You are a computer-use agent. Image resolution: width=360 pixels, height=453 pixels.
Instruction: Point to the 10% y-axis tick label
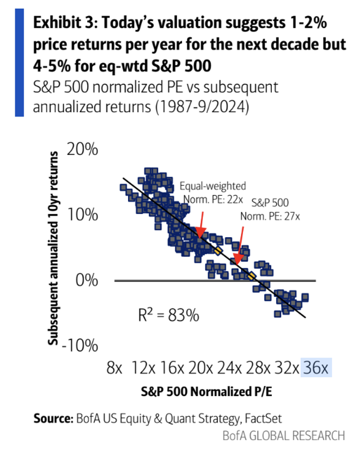[x=86, y=215]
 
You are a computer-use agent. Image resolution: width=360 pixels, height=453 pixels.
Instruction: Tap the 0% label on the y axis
[x=90, y=280]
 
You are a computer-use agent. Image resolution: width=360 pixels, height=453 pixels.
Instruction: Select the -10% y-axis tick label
[x=83, y=346]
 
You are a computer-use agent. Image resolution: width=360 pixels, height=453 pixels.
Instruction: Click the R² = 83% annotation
[x=168, y=316]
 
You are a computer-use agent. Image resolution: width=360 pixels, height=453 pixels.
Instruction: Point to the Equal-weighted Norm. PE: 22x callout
[x=213, y=191]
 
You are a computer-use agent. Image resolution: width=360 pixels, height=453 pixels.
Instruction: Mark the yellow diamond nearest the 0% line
[x=252, y=275]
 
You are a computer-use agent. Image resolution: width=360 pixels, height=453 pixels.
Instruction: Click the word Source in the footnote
[x=53, y=418]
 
